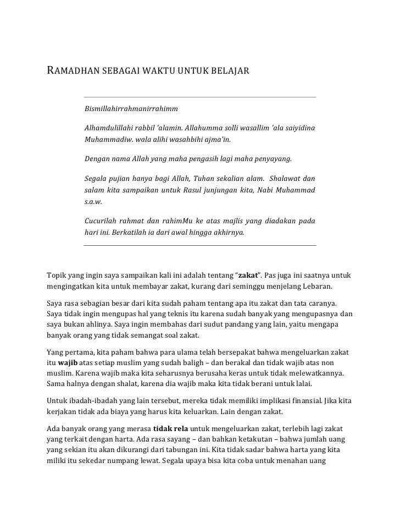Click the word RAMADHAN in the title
[x=71, y=71]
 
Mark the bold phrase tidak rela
[x=170, y=428]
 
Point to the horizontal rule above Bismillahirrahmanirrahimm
[x=200, y=98]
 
